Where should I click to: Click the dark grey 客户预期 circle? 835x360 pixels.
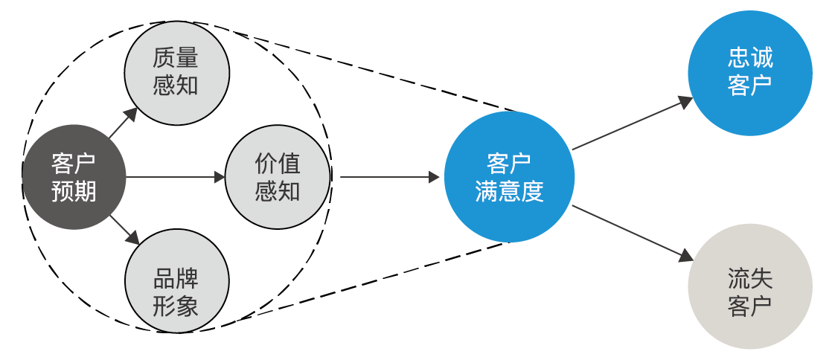[74, 178]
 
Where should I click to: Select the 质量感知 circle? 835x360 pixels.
[176, 71]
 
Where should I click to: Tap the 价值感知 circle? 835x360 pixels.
[277, 178]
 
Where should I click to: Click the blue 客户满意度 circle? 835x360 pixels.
[509, 177]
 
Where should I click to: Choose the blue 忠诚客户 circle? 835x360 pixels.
[749, 72]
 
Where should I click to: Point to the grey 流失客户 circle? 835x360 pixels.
[749, 286]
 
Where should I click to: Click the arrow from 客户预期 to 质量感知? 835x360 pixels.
[123, 123]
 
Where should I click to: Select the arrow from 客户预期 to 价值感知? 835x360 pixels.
[175, 178]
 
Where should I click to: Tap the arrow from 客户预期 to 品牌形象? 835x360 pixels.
[124, 230]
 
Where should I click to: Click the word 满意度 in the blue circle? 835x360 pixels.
[509, 191]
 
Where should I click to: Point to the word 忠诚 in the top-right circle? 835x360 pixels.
[749, 59]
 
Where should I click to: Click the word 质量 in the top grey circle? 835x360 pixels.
[176, 57]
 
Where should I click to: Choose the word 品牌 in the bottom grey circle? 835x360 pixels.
[176, 279]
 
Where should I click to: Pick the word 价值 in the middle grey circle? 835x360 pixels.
[277, 164]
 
